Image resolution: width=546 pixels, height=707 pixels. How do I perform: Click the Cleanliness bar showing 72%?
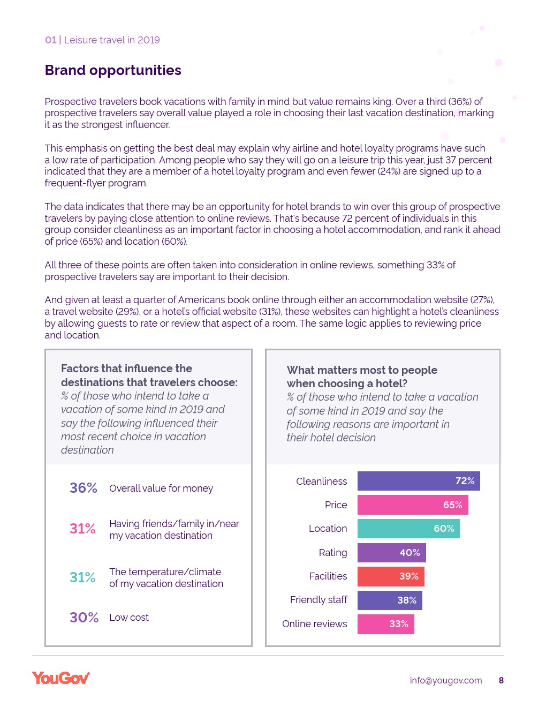pyautogui.click(x=418, y=481)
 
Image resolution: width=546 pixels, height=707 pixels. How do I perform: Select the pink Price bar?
pyautogui.click(x=412, y=505)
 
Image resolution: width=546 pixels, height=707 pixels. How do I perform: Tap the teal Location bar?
pyautogui.click(x=408, y=529)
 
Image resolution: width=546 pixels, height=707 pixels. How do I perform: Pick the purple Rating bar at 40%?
pyautogui.click(x=391, y=553)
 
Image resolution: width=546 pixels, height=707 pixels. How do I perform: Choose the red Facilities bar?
pyautogui.click(x=390, y=576)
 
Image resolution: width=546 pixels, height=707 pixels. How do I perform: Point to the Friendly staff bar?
pyautogui.click(x=389, y=600)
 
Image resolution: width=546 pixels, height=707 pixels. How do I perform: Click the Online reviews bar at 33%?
pyautogui.click(x=385, y=624)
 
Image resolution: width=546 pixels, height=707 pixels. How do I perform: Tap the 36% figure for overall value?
pyautogui.click(x=84, y=488)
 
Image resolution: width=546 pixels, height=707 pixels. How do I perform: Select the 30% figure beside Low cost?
pyautogui.click(x=84, y=618)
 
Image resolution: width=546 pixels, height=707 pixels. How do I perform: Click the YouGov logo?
pyautogui.click(x=61, y=678)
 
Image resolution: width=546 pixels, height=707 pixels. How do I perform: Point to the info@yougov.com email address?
pyautogui.click(x=445, y=680)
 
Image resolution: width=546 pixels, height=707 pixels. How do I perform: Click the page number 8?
pyautogui.click(x=501, y=680)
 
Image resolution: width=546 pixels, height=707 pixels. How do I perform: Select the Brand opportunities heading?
pyautogui.click(x=113, y=70)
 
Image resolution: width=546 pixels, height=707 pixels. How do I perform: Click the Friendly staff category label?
pyautogui.click(x=318, y=600)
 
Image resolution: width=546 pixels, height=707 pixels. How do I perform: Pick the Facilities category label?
pyautogui.click(x=328, y=576)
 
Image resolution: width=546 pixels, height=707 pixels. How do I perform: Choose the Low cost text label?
pyautogui.click(x=129, y=618)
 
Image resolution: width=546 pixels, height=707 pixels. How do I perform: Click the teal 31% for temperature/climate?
pyautogui.click(x=82, y=577)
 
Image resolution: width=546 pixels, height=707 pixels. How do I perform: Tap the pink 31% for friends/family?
pyautogui.click(x=82, y=529)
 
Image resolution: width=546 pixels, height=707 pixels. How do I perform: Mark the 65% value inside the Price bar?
pyautogui.click(x=452, y=505)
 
